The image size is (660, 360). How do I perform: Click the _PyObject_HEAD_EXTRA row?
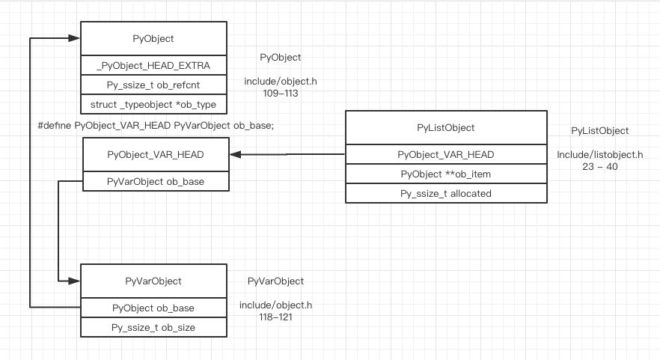click(153, 66)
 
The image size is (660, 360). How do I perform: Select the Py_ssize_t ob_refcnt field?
click(153, 85)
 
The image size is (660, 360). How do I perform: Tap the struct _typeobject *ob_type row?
click(153, 103)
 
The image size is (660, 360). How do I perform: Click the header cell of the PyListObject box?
click(445, 128)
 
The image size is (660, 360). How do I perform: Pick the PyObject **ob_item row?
click(445, 174)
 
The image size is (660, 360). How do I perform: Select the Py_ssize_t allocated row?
click(445, 193)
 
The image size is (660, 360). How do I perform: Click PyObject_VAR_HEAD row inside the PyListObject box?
click(445, 155)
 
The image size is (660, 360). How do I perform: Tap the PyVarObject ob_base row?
click(156, 181)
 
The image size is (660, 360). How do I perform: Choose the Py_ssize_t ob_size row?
click(153, 327)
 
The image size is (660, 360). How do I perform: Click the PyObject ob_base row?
click(153, 308)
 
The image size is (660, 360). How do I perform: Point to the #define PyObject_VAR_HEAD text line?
click(156, 126)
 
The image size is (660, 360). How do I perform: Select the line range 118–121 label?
click(275, 317)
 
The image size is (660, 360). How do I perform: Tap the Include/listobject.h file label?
click(599, 155)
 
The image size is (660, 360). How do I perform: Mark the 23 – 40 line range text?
click(599, 167)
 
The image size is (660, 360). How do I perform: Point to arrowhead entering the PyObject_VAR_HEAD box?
click(235, 155)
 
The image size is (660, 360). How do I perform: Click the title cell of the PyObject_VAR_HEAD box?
click(156, 155)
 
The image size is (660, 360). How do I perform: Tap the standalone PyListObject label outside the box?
click(599, 131)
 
